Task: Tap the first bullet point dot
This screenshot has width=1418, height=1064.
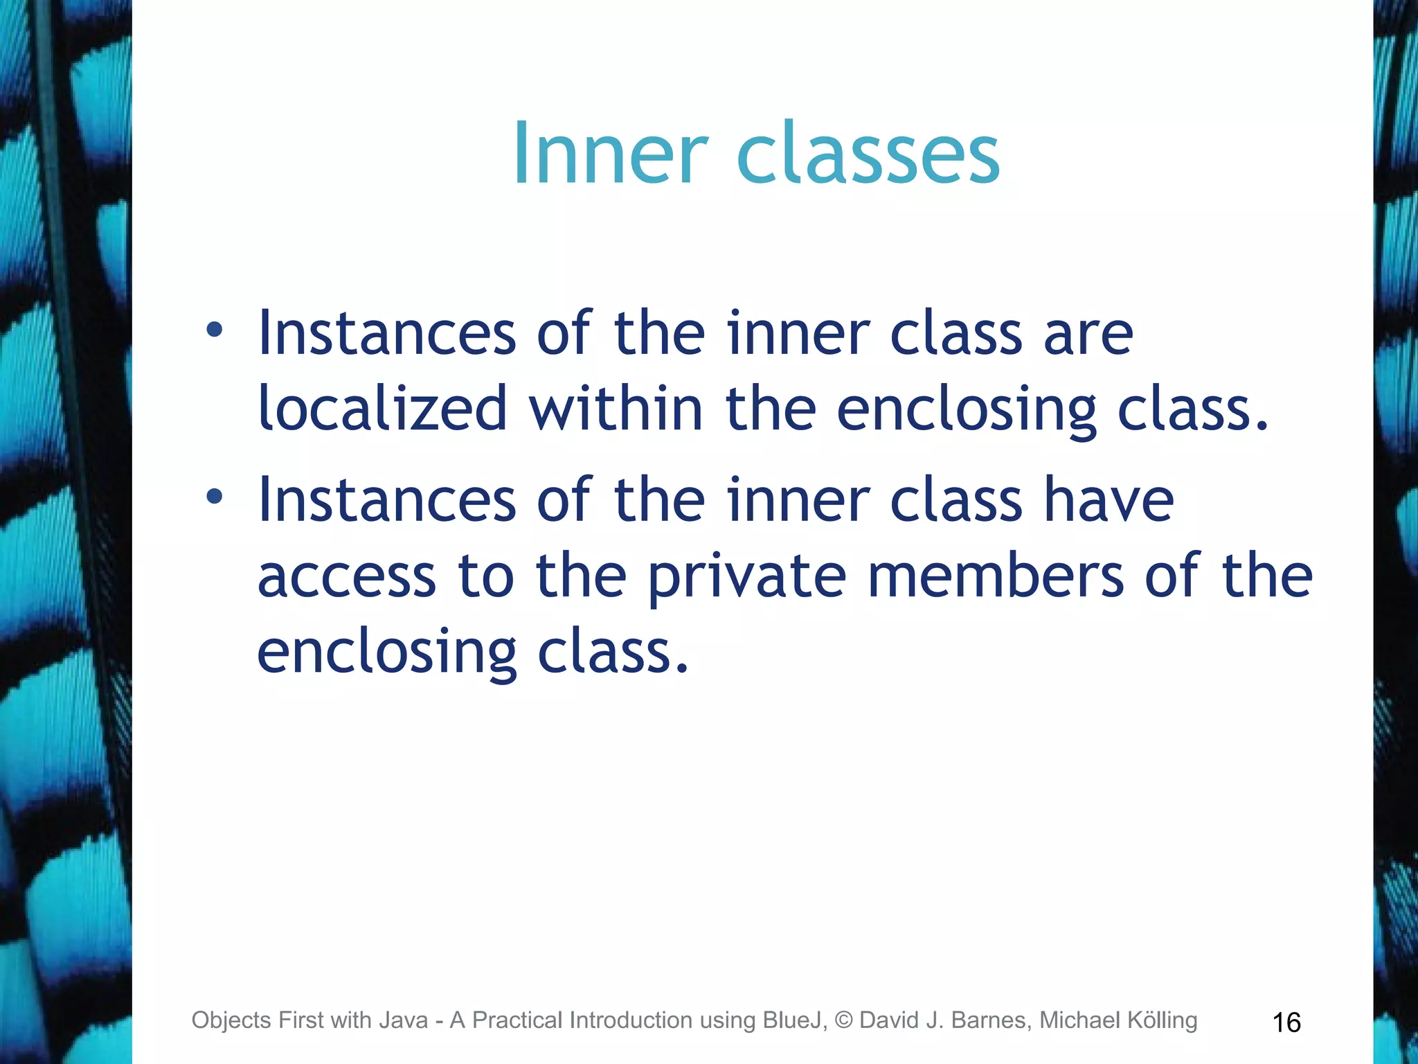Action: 215,330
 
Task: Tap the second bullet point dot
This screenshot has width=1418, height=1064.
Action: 215,496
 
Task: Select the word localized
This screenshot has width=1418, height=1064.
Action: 383,409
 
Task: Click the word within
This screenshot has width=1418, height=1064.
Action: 616,409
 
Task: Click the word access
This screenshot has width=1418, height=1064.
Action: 347,576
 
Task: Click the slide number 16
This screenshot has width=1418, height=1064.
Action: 1286,1022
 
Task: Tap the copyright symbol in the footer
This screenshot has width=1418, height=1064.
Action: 843,1020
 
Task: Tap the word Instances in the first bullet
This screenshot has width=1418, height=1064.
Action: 387,334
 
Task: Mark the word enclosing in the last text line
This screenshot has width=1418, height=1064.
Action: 387,653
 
